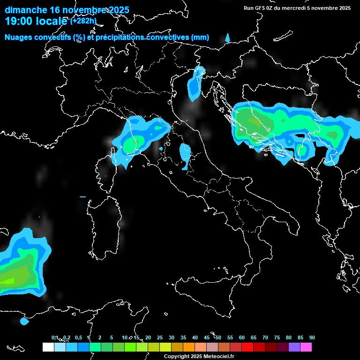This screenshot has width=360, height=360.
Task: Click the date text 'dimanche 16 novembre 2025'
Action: [67, 10]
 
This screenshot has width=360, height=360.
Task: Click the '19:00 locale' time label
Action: [36, 21]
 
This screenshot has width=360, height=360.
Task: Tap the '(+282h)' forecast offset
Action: [83, 21]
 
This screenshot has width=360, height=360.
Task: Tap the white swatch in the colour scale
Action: [48, 347]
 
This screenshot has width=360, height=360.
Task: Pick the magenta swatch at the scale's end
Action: [306, 347]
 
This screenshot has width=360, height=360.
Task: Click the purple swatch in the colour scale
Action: [294, 347]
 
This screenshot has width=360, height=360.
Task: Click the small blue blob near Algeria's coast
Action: [24, 322]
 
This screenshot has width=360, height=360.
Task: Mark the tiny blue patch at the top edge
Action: [228, 37]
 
